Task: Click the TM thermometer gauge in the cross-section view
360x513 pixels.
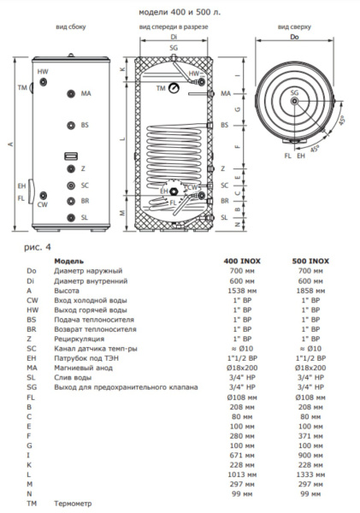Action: pyautogui.click(x=173, y=88)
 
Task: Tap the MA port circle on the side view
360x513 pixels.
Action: pyautogui.click(x=71, y=94)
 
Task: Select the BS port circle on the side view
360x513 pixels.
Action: pyautogui.click(x=71, y=126)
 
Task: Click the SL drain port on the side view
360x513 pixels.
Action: pyautogui.click(x=71, y=217)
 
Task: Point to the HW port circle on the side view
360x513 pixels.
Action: pyautogui.click(x=43, y=82)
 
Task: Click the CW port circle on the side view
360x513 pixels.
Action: pyautogui.click(x=43, y=196)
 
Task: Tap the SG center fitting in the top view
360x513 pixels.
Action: pyautogui.click(x=294, y=102)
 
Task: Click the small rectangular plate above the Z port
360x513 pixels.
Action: pyautogui.click(x=71, y=156)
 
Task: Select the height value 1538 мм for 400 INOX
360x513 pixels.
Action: pyautogui.click(x=242, y=291)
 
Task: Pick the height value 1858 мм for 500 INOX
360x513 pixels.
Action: pyautogui.click(x=310, y=291)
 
